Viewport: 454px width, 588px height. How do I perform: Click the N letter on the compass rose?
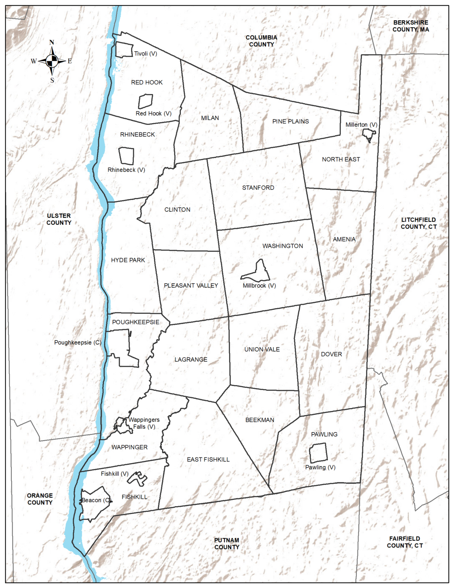tap(52, 42)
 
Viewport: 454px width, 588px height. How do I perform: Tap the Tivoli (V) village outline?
tap(124, 50)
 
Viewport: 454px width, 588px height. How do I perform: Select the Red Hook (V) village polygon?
tap(145, 101)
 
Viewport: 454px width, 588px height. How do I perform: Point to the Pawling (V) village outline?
tap(318, 453)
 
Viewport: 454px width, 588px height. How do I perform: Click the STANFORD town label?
tap(258, 188)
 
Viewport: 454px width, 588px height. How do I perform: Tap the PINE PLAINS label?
tap(290, 121)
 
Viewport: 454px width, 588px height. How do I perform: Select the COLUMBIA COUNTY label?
tap(261, 41)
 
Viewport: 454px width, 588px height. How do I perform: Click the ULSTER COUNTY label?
tap(59, 219)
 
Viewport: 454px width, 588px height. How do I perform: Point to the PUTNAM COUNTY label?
tap(227, 544)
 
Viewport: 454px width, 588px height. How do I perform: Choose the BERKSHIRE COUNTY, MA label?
tap(411, 26)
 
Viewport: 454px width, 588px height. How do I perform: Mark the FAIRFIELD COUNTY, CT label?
tap(405, 542)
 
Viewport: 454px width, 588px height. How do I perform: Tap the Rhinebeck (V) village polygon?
tap(126, 156)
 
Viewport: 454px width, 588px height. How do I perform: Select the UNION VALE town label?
tap(262, 350)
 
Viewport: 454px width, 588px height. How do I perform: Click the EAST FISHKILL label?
tap(208, 459)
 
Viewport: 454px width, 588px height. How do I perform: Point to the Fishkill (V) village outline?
tap(137, 479)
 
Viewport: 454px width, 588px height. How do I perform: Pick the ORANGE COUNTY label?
tap(40, 499)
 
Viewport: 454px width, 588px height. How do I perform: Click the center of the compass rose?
tap(52, 60)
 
